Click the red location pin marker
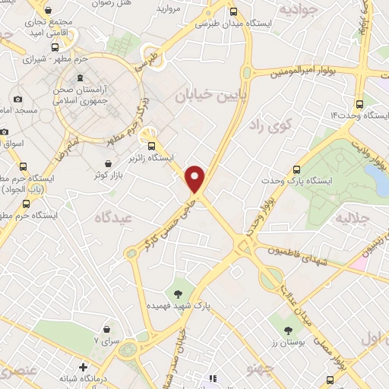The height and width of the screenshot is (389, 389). pos(196,178)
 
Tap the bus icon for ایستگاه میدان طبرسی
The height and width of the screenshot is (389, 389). pos(233,11)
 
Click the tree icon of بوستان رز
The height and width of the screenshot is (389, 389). pos(288,330)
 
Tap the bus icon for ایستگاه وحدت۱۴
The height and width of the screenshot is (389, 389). pos(359,104)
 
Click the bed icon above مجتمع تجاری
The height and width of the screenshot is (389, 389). pos(49,11)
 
